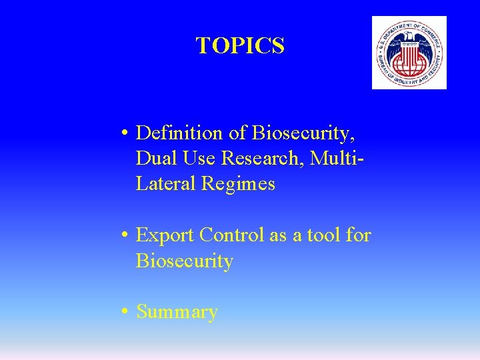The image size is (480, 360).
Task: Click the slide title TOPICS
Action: pos(240,46)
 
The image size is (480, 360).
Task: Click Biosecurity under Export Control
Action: pos(185,261)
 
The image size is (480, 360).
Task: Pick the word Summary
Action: pos(177,312)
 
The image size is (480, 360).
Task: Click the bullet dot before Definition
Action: pos(125,134)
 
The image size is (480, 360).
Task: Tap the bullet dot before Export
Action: pos(125,236)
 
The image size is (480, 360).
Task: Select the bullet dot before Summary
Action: pos(125,313)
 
